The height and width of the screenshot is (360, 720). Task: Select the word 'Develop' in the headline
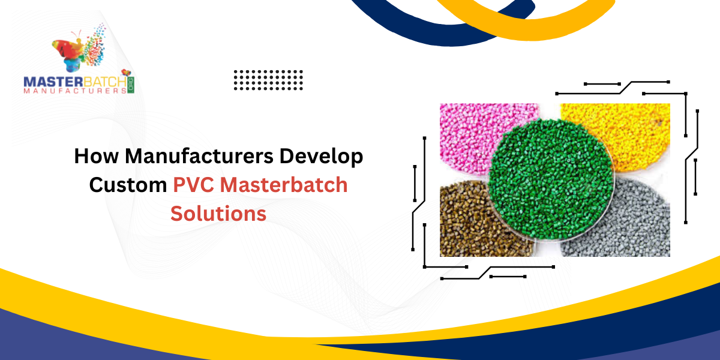pos(328,157)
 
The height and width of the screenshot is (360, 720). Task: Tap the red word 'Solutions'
pos(218,213)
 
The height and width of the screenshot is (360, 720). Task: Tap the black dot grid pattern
pos(268,80)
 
